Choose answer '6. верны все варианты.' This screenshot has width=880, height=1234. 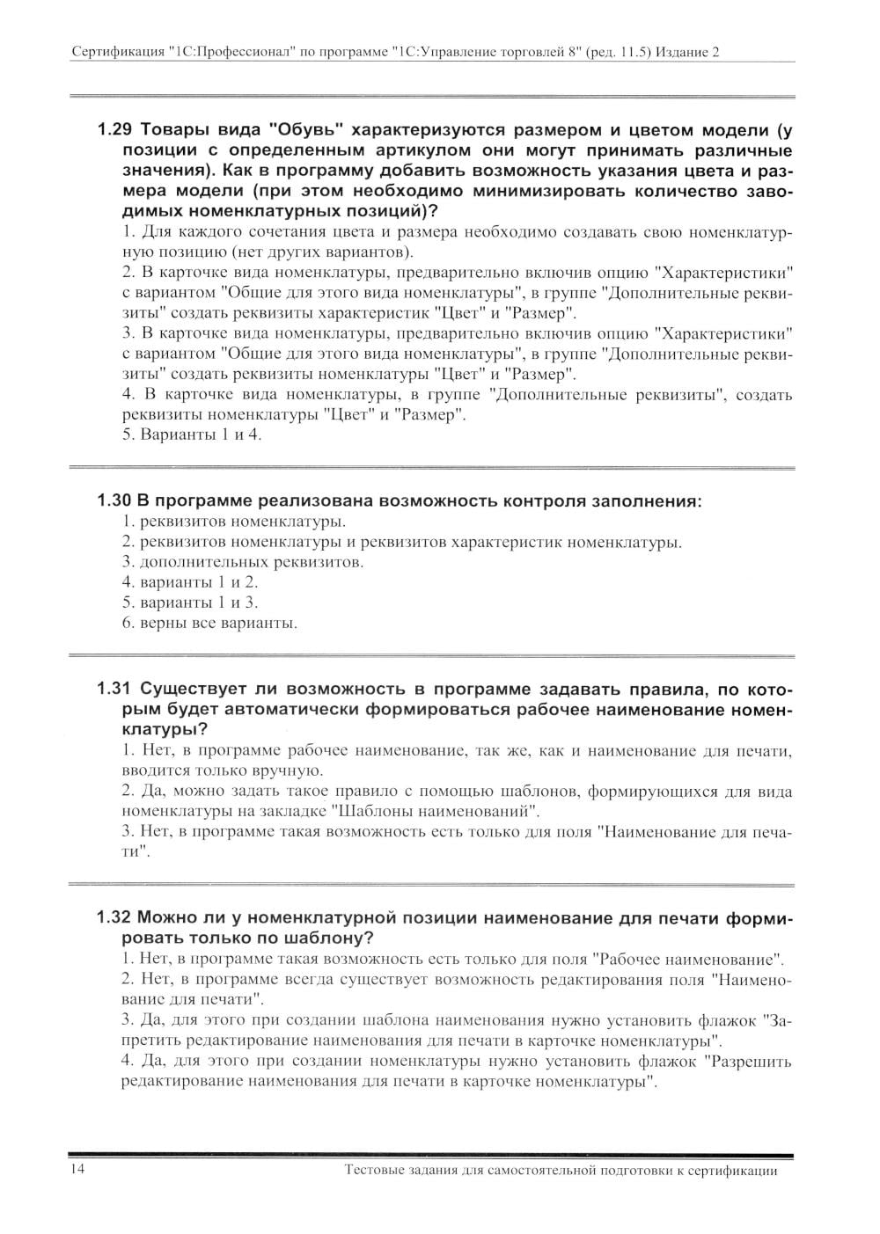pos(209,624)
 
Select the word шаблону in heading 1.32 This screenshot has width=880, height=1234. pos(324,938)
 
